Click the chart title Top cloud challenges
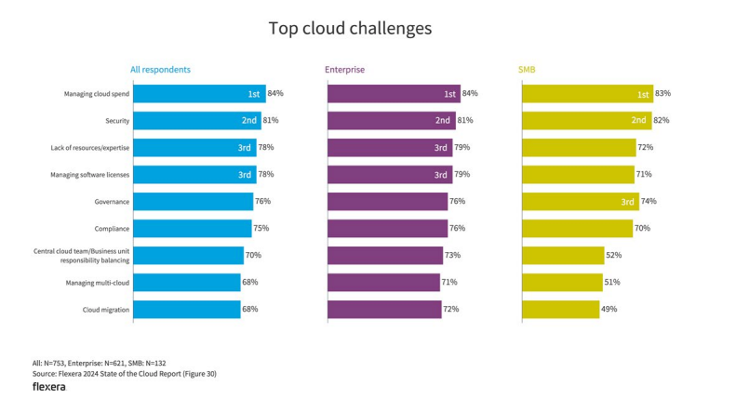point(350,29)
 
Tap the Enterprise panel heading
point(344,70)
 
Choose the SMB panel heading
point(527,70)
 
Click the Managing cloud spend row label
point(97,94)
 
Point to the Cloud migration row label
point(104,309)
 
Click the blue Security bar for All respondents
point(196,121)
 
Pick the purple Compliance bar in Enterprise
point(386,228)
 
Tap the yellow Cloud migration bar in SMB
point(559,309)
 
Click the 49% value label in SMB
point(609,309)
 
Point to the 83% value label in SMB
point(662,94)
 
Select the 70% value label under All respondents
point(252,255)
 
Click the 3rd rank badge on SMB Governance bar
point(628,202)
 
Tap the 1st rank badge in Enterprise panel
point(449,94)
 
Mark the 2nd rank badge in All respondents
point(249,121)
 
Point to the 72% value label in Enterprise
point(451,309)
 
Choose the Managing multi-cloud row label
point(97,282)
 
